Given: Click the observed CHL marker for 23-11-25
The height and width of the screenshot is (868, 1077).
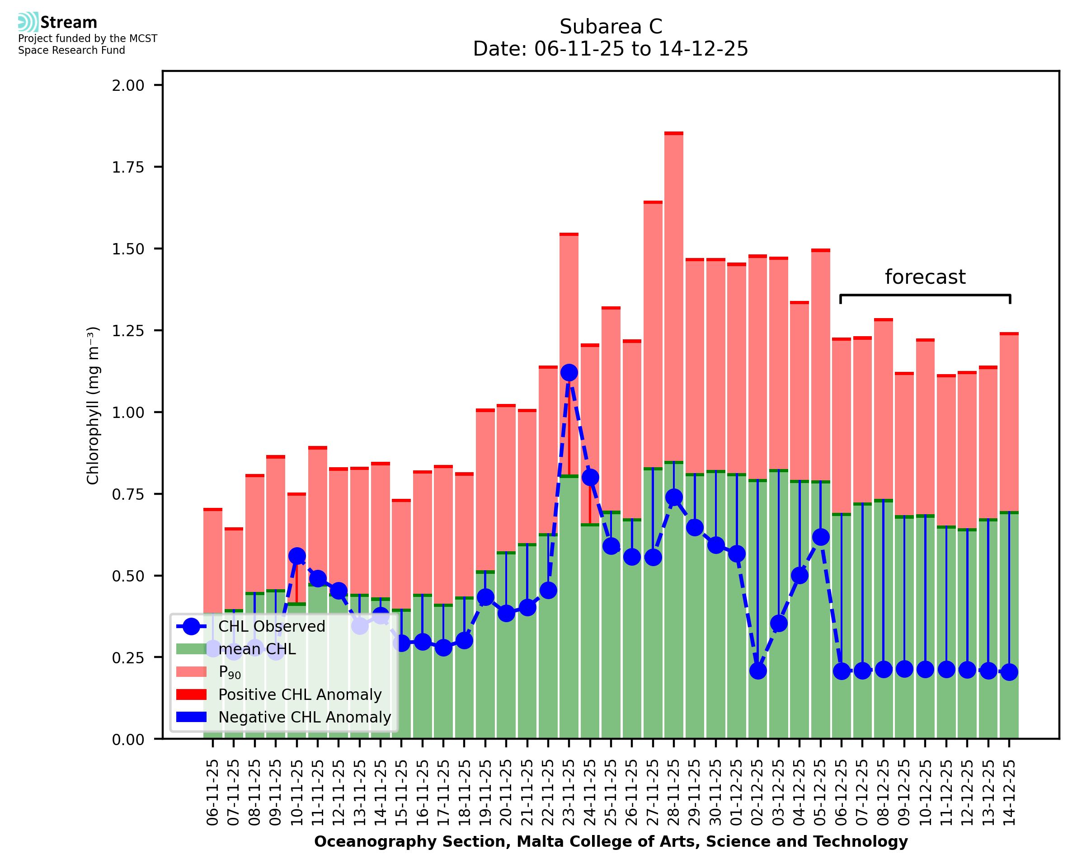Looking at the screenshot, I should [x=569, y=372].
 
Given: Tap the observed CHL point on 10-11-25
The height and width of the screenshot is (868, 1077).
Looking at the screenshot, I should [x=297, y=556].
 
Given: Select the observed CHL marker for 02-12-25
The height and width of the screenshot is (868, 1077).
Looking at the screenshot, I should [x=757, y=671].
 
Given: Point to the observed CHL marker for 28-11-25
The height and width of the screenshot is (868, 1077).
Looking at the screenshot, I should [x=674, y=497].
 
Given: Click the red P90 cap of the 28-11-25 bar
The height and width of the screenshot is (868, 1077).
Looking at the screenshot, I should [x=674, y=133].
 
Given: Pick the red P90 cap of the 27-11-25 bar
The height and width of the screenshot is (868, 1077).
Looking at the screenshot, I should [x=653, y=202].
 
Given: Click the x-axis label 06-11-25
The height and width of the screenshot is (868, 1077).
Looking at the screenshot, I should [x=213, y=793].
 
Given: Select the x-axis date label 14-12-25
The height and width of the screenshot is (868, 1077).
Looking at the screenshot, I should [x=1010, y=793].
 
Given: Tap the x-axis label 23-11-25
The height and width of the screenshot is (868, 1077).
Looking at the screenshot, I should [x=569, y=793].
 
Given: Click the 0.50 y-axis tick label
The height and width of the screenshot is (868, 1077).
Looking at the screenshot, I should [x=128, y=576].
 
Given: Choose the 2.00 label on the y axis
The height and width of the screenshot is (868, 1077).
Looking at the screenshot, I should [x=128, y=85].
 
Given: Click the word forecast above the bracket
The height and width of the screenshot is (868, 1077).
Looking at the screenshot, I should [x=925, y=277].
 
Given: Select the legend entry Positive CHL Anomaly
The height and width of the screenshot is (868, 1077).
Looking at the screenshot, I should [x=300, y=694].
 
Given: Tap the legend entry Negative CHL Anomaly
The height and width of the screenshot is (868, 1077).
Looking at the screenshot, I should [x=304, y=717].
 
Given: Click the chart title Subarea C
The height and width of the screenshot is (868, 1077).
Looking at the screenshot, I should [x=611, y=27].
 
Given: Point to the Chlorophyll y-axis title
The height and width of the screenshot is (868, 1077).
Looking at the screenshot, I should [x=93, y=405].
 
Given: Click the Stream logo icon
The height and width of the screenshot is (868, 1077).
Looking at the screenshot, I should [x=28, y=22].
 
